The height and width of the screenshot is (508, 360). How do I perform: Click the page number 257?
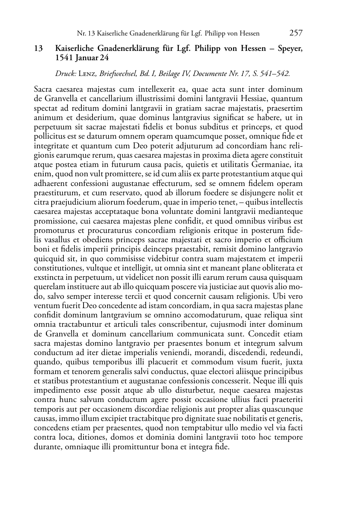pyautogui.click(x=296, y=33)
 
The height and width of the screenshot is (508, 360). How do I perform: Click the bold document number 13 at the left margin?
pyautogui.click(x=39, y=48)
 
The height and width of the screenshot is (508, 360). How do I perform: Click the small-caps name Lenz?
pyautogui.click(x=87, y=74)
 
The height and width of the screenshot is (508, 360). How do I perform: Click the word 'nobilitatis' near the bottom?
pyautogui.click(x=248, y=418)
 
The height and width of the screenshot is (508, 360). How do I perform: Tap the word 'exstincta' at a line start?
pyautogui.click(x=49, y=277)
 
